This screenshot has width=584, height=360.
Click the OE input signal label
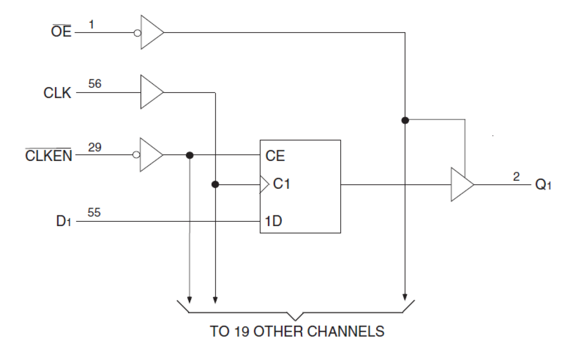tap(61, 33)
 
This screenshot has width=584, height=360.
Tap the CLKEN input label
tap(49, 155)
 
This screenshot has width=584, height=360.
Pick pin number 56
tap(94, 84)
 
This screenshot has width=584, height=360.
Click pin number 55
tap(94, 213)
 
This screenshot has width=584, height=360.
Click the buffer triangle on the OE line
tap(151, 33)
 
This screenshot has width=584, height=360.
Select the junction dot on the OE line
tap(405, 120)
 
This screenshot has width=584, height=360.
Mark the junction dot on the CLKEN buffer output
tap(189, 155)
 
